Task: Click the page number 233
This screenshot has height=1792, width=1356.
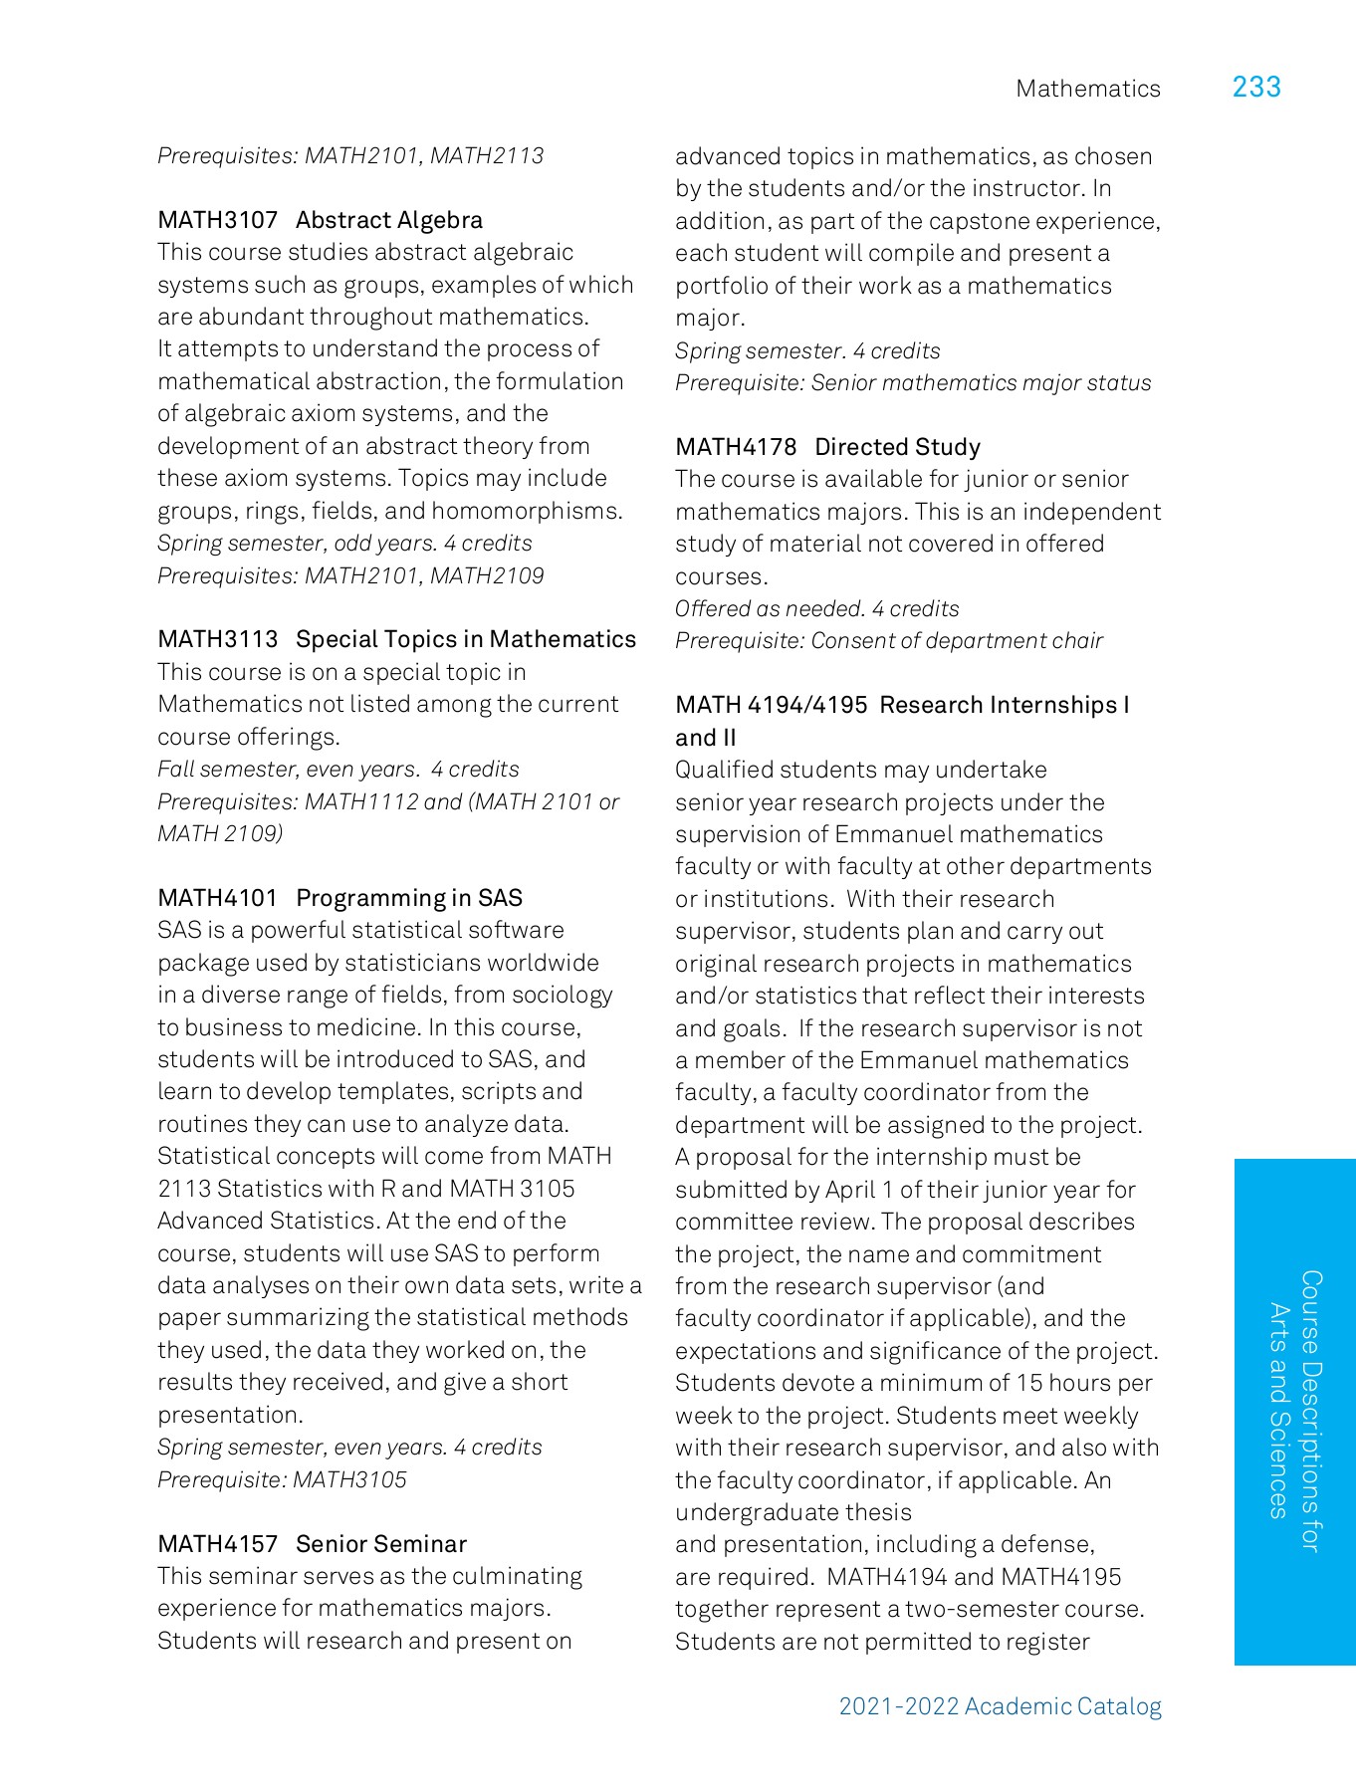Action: pos(1256,88)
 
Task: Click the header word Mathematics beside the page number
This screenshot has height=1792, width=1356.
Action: pos(1088,89)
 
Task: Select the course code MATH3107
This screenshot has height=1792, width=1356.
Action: pos(217,220)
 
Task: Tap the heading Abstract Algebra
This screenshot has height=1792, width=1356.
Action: pos(389,220)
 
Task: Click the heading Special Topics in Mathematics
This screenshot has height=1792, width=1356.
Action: pos(466,639)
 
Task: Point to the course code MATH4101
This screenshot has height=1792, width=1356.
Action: pos(217,898)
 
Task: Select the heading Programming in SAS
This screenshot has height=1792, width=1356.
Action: pos(409,898)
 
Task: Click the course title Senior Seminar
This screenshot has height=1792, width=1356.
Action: pos(381,1544)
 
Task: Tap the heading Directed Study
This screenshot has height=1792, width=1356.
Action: pos(897,447)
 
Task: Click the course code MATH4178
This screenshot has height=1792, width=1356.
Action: pos(736,447)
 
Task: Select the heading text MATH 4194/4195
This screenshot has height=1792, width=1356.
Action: pos(771,705)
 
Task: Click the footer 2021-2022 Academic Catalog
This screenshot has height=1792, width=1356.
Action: pos(1000,1706)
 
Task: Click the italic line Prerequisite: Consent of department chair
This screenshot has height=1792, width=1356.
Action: pos(888,641)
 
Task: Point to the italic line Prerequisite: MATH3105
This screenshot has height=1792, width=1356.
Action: pos(282,1479)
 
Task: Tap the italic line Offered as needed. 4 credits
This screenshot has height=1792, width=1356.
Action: pos(816,608)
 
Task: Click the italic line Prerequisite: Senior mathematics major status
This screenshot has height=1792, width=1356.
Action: pos(912,383)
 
